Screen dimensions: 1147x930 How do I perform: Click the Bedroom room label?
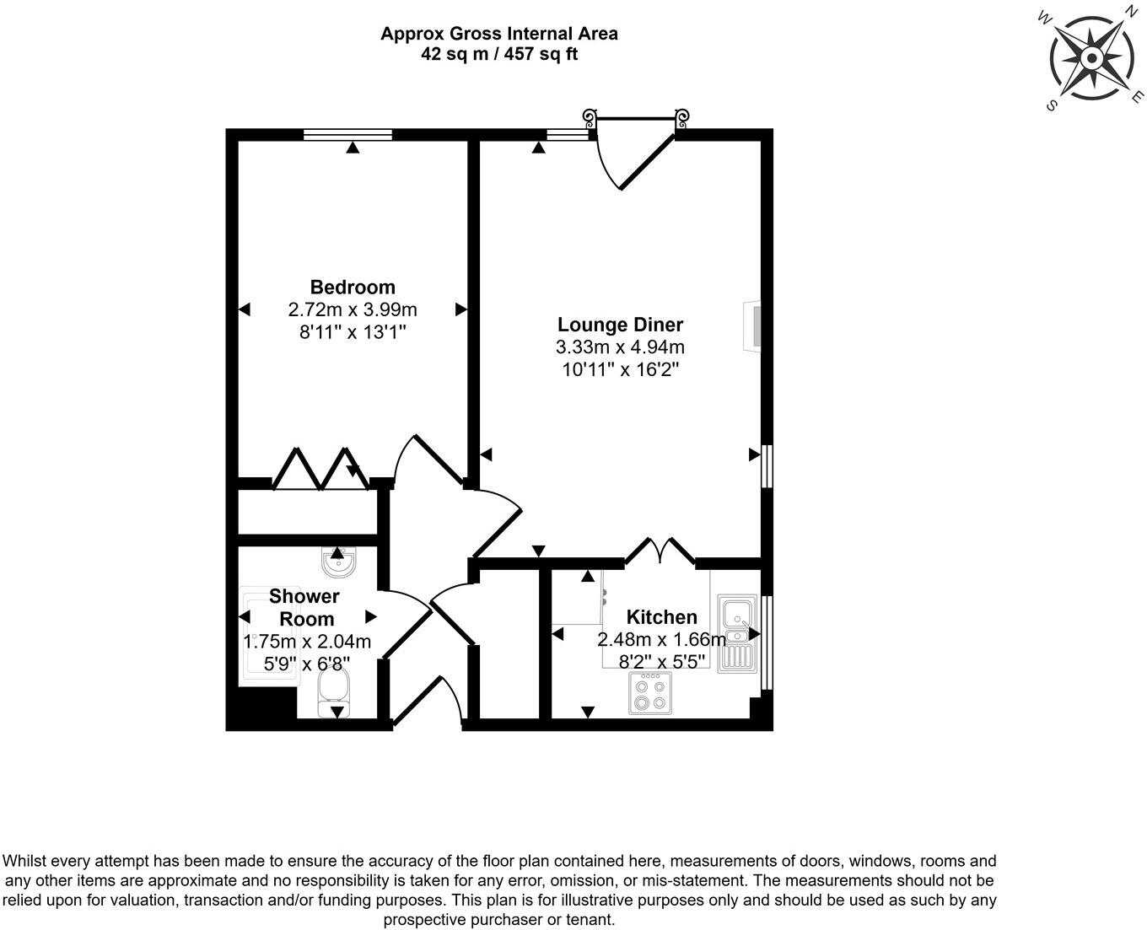click(353, 287)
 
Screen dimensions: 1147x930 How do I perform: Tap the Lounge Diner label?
click(620, 325)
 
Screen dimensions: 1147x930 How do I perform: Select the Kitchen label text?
click(661, 617)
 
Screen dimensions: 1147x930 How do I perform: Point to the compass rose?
click(1091, 58)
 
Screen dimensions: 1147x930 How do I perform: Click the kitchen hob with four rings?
click(650, 695)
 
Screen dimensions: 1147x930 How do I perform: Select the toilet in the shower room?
click(334, 695)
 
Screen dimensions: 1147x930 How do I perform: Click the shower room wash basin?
click(339, 562)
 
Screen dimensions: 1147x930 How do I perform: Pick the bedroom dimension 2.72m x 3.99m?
click(353, 309)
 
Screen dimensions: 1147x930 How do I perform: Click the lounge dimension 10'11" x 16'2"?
click(620, 369)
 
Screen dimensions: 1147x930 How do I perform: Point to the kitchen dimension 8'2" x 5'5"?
click(661, 661)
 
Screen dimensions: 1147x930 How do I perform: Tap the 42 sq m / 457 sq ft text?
click(498, 54)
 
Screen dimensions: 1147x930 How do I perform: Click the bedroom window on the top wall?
click(347, 133)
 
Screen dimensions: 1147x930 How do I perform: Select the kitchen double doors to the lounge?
click(660, 552)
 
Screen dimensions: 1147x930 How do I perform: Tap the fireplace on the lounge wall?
click(752, 326)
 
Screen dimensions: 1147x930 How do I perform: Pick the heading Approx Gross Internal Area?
click(498, 34)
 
